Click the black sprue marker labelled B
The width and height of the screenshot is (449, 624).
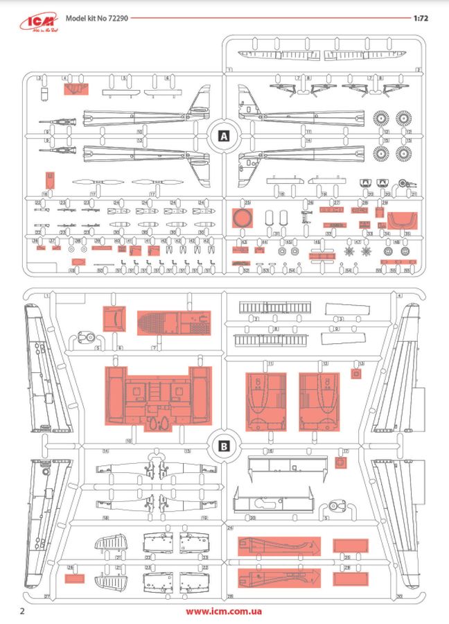coord(223,446)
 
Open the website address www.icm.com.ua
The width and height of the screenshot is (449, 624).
coord(224,612)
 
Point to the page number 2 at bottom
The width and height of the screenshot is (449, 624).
coord(23,612)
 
